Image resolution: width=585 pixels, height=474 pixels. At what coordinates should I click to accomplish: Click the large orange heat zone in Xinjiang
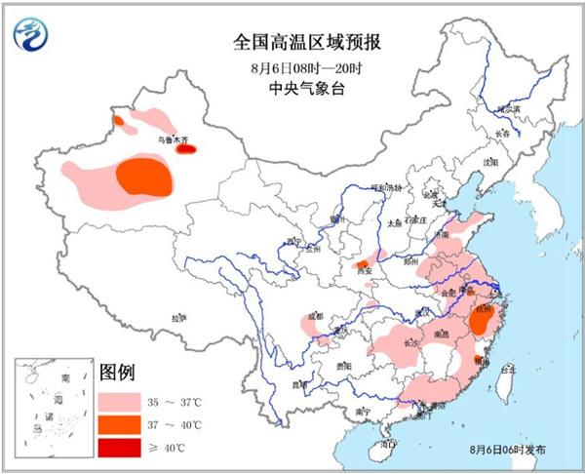click(146, 178)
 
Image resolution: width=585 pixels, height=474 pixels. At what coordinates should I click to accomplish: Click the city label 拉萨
click(177, 317)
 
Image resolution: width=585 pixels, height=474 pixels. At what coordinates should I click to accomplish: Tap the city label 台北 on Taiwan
click(507, 371)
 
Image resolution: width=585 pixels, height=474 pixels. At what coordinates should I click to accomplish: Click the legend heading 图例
click(118, 373)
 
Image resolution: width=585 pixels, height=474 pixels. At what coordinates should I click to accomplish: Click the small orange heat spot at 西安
click(363, 264)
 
